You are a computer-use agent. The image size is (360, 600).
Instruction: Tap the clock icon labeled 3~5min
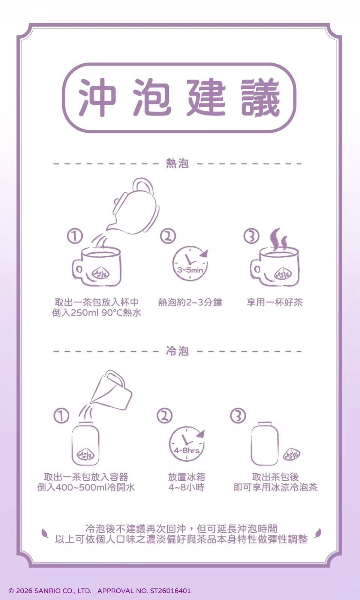(190, 263)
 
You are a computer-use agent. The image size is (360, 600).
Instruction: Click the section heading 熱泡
(177, 163)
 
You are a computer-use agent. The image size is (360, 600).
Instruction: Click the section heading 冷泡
(177, 351)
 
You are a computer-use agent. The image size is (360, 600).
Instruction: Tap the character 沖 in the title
(97, 97)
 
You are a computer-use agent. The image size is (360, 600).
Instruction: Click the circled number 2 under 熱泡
(168, 236)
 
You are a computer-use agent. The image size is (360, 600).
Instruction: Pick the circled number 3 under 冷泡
(238, 416)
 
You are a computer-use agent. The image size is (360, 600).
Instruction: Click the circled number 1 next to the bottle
(61, 416)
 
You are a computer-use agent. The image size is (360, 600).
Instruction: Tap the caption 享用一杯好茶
(274, 302)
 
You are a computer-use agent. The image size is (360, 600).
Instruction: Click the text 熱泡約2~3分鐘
(190, 302)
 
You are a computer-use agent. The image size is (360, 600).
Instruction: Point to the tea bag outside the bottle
(292, 454)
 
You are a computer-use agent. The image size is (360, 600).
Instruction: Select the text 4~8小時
(186, 487)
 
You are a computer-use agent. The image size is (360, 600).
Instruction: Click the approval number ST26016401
(170, 591)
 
